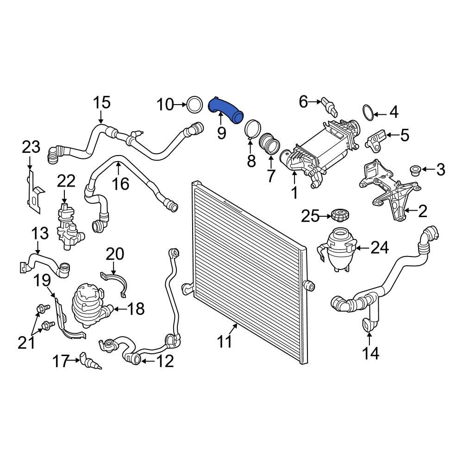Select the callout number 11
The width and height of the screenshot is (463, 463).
225,342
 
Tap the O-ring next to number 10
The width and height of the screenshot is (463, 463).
194,105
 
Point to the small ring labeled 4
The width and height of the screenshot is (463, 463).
368,112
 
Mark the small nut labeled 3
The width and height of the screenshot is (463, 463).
415,170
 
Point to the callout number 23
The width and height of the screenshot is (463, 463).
31,148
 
